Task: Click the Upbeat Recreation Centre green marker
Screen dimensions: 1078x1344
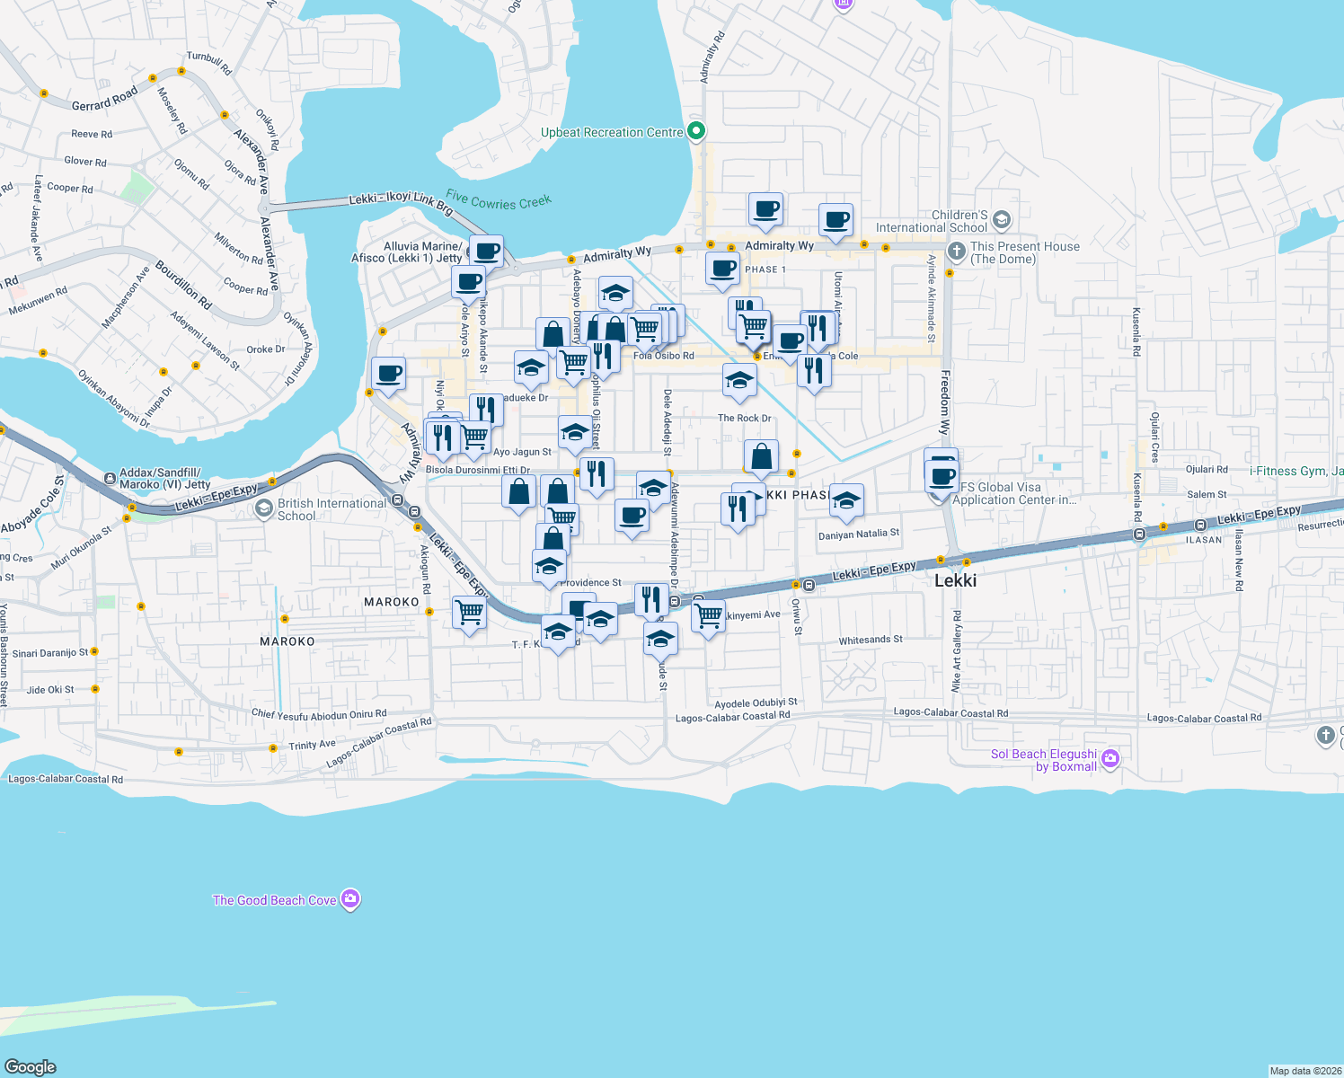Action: (696, 132)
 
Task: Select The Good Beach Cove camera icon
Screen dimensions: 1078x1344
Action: (350, 899)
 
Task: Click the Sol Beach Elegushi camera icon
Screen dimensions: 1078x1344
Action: (1110, 759)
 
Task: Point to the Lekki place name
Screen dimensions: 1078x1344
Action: (955, 580)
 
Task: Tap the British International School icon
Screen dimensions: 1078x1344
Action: (264, 509)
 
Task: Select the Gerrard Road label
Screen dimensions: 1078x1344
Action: (105, 99)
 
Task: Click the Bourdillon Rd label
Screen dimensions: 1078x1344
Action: (183, 285)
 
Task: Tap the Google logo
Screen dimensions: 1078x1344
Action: (31, 1066)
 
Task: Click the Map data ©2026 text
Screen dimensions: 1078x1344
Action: (1305, 1071)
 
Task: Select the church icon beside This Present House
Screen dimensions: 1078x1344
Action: (957, 252)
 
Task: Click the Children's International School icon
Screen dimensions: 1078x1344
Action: (1002, 220)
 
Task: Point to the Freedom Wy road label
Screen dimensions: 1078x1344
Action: (945, 402)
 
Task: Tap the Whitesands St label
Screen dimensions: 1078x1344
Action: (871, 640)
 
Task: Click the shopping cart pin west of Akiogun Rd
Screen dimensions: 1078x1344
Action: (470, 614)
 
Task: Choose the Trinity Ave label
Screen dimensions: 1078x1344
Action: (312, 745)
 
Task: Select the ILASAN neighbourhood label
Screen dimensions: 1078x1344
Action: (1204, 540)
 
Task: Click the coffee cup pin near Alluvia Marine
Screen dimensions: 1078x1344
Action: (485, 251)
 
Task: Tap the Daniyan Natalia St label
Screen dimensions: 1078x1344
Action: (858, 534)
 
